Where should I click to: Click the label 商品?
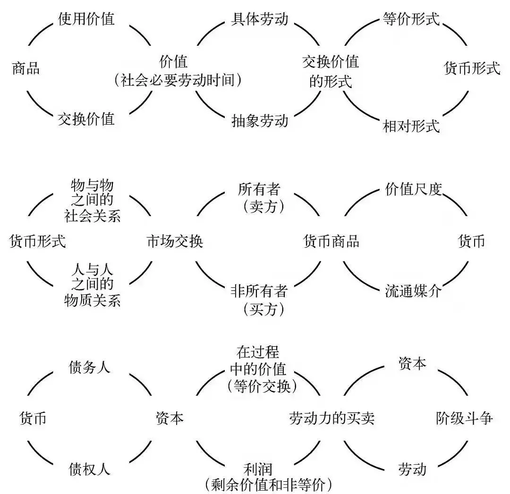click(25, 69)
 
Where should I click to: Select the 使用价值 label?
click(86, 19)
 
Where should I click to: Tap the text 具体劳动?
click(259, 19)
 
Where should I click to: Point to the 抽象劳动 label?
click(259, 120)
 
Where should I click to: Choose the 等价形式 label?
click(410, 19)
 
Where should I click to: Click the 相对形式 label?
click(411, 126)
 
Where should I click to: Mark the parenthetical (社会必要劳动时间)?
click(178, 81)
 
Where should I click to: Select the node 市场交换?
click(175, 242)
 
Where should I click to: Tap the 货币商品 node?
click(331, 242)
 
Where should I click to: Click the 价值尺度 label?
click(414, 190)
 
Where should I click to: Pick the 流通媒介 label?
click(413, 291)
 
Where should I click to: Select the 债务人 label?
click(90, 367)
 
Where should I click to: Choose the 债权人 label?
click(90, 469)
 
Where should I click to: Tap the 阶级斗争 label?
click(464, 419)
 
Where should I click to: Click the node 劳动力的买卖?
click(332, 419)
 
